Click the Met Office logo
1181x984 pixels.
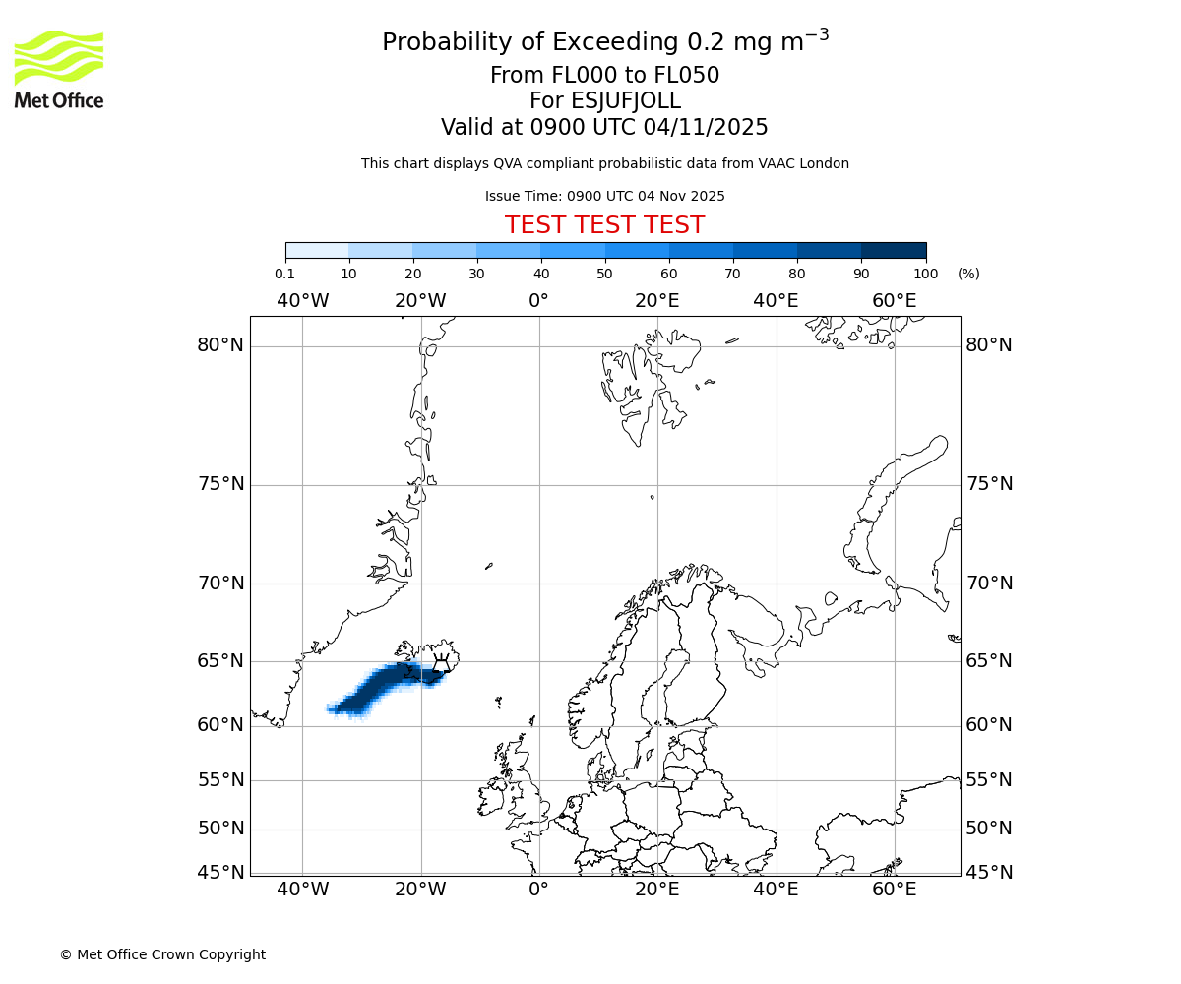coord(59,69)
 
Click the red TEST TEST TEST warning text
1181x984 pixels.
coord(604,225)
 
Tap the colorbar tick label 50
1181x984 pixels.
coord(604,274)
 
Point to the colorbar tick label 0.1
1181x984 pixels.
coord(284,274)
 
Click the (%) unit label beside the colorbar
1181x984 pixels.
coord(968,274)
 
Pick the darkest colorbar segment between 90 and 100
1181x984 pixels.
coord(894,250)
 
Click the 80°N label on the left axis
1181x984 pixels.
coord(219,345)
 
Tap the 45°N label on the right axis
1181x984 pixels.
coord(989,872)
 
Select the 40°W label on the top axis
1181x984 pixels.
coord(302,300)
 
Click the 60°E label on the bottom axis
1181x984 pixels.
coord(894,891)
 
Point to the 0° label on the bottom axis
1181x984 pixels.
coord(538,891)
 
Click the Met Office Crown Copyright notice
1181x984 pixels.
coord(162,954)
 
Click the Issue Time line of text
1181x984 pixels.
coord(604,196)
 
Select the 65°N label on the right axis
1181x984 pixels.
coord(989,660)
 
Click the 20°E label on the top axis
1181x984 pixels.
coord(656,300)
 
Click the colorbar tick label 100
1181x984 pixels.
coord(925,274)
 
